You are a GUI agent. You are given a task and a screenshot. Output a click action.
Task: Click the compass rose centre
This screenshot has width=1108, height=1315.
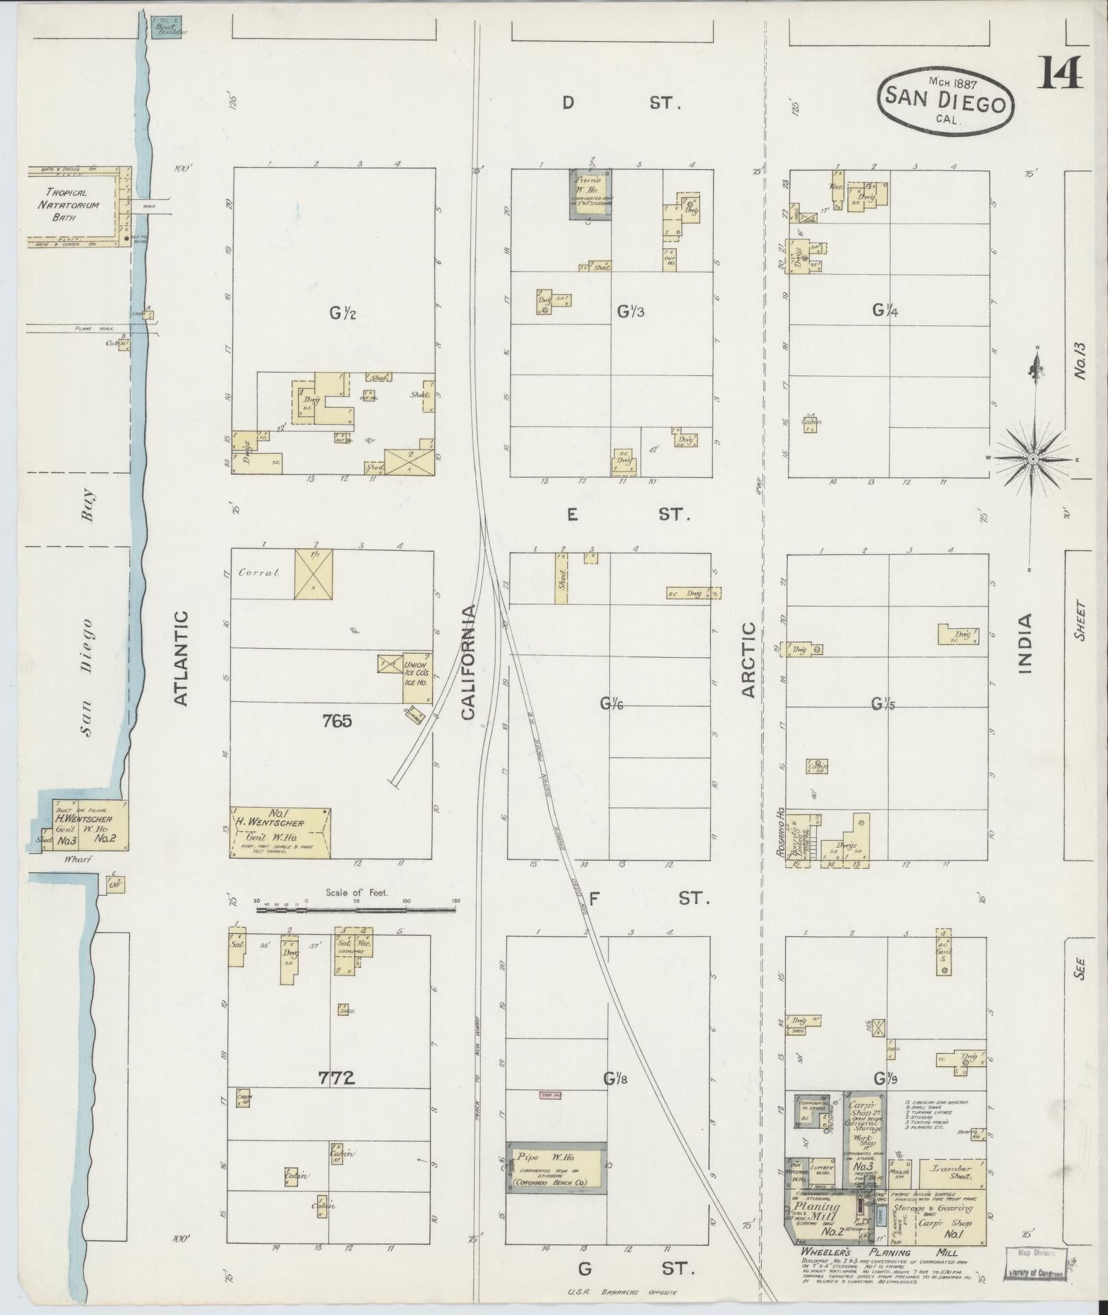(x=1032, y=458)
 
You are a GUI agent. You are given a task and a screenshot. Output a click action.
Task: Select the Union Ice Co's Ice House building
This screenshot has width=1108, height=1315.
(x=417, y=677)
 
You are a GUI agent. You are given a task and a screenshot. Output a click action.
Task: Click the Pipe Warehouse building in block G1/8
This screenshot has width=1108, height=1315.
(x=557, y=1167)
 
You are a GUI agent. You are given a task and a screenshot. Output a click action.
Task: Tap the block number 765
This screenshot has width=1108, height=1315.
(x=337, y=721)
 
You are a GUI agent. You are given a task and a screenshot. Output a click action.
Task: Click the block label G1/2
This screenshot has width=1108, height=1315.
(x=341, y=314)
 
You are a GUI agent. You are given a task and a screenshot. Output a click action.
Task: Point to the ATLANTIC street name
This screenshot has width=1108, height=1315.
(x=181, y=658)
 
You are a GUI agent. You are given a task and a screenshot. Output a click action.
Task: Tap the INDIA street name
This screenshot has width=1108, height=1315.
(x=1025, y=643)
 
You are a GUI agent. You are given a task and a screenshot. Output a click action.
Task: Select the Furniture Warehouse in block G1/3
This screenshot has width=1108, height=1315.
(x=590, y=195)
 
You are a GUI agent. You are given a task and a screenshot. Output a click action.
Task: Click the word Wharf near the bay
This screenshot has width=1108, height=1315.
(x=68, y=859)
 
